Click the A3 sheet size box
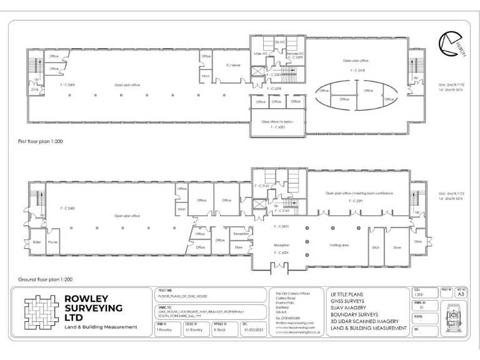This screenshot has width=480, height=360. tap(461, 294)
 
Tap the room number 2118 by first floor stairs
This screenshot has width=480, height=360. tap(35, 89)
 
